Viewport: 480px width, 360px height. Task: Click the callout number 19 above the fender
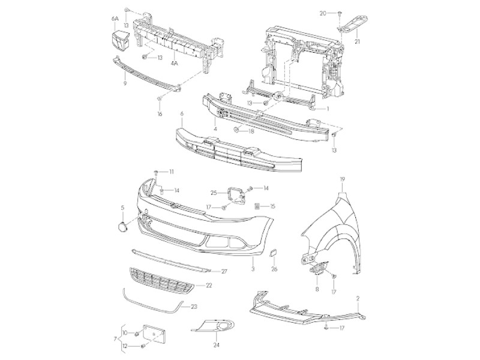[x=342, y=179]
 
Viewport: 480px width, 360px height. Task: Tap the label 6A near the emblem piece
[x=115, y=19]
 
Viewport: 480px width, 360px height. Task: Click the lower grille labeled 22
[x=162, y=281]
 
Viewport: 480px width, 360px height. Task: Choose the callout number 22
[x=208, y=286]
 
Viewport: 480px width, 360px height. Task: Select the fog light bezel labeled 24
[x=212, y=328]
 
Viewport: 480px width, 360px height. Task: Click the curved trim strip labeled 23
[x=150, y=300]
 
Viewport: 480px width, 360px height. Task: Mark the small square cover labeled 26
[x=271, y=255]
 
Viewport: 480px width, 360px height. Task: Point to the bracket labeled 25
[x=235, y=194]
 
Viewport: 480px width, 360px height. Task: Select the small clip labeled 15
[x=256, y=206]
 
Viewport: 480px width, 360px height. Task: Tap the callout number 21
[x=357, y=41]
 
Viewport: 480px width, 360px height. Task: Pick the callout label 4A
[x=175, y=62]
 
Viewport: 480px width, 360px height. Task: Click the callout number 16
[x=160, y=113]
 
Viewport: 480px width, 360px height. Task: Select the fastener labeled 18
[x=237, y=130]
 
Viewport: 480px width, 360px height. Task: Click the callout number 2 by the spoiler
[x=358, y=298]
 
